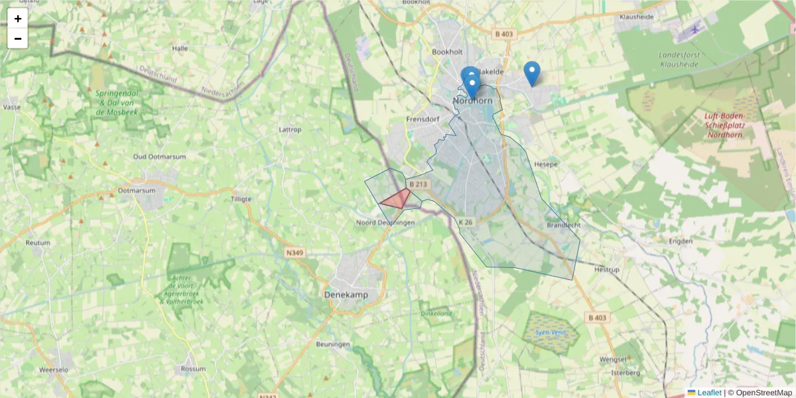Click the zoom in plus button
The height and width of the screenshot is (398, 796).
(18, 19)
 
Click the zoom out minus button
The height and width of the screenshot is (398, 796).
(18, 38)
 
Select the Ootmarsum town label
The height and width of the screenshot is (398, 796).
(136, 190)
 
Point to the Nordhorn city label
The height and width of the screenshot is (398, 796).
(472, 101)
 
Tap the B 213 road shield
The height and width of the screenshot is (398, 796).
(419, 184)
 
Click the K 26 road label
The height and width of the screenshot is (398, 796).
(466, 222)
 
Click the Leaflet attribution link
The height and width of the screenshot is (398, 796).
(708, 393)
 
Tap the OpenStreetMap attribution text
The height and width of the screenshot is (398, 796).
(760, 393)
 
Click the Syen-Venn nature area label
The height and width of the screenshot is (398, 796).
(550, 331)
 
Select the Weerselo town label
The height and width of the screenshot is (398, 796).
(54, 369)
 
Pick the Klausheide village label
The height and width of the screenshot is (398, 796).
(636, 17)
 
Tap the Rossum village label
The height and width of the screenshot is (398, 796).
(193, 368)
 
